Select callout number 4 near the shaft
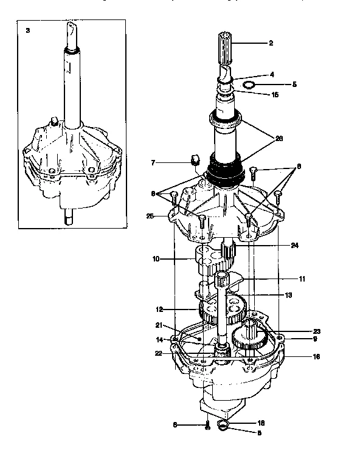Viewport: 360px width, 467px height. tap(272, 74)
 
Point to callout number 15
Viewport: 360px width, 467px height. tap(275, 95)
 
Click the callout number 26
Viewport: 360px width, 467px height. tap(279, 139)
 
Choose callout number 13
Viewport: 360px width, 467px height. tap(288, 295)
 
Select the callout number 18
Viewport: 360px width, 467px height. tap(261, 422)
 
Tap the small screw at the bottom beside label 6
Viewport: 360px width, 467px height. tap(207, 426)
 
